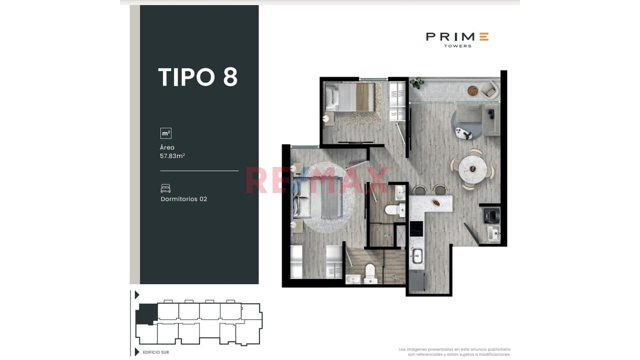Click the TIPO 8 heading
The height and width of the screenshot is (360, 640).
197,77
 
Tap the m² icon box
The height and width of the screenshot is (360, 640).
165,133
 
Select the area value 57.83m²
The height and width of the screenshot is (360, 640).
172,156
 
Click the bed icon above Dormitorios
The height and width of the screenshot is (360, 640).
165,188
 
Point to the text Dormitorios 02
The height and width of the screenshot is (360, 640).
183,199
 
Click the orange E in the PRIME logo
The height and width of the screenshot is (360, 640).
484,37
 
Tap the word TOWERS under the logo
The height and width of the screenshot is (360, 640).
457,46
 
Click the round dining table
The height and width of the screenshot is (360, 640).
473,169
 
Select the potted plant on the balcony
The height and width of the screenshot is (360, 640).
416,82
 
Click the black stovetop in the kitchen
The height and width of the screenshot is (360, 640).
416,228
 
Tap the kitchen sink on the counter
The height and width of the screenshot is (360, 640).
417,256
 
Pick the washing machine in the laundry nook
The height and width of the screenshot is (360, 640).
492,215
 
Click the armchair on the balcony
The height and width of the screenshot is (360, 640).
489,90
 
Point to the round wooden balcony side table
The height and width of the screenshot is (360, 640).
472,91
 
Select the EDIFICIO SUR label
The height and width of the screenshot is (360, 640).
156,352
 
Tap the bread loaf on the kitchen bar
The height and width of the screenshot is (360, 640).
436,203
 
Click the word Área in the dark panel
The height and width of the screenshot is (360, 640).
167,147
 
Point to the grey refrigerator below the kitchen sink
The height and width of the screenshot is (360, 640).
417,281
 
